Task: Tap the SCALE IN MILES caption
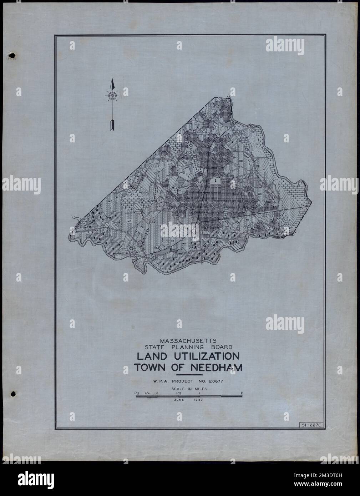click(x=188, y=389)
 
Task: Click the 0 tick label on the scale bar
click(x=157, y=393)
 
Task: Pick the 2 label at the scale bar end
click(x=242, y=393)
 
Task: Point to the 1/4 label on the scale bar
click(x=147, y=393)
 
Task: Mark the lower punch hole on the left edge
click(x=13, y=394)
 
